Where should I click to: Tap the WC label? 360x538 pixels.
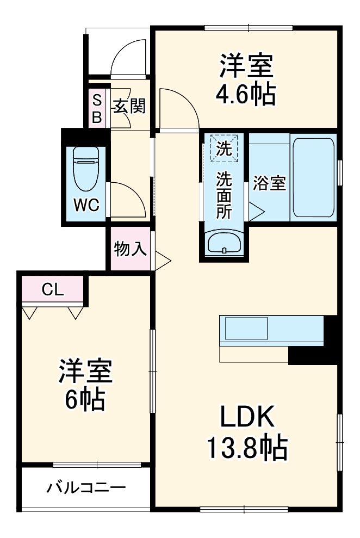(x=86, y=205)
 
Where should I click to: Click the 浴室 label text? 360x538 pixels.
(x=269, y=184)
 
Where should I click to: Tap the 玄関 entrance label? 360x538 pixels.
(x=129, y=106)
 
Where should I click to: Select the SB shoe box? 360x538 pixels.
(x=97, y=108)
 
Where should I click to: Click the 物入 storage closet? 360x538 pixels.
(x=131, y=249)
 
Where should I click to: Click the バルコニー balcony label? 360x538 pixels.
(x=86, y=486)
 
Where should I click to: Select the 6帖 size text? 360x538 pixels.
(x=85, y=400)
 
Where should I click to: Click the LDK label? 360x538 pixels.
(x=246, y=418)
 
